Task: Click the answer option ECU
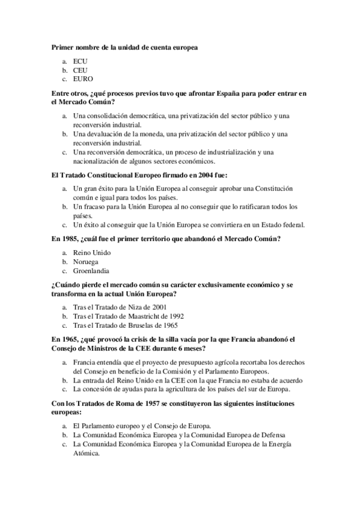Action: coord(80,61)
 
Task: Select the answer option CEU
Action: coord(80,70)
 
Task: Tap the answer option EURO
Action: coord(83,78)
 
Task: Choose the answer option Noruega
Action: coord(86,262)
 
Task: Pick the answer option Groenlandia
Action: coord(91,271)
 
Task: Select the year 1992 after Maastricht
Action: coord(175,316)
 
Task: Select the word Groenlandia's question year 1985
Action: coord(68,238)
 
